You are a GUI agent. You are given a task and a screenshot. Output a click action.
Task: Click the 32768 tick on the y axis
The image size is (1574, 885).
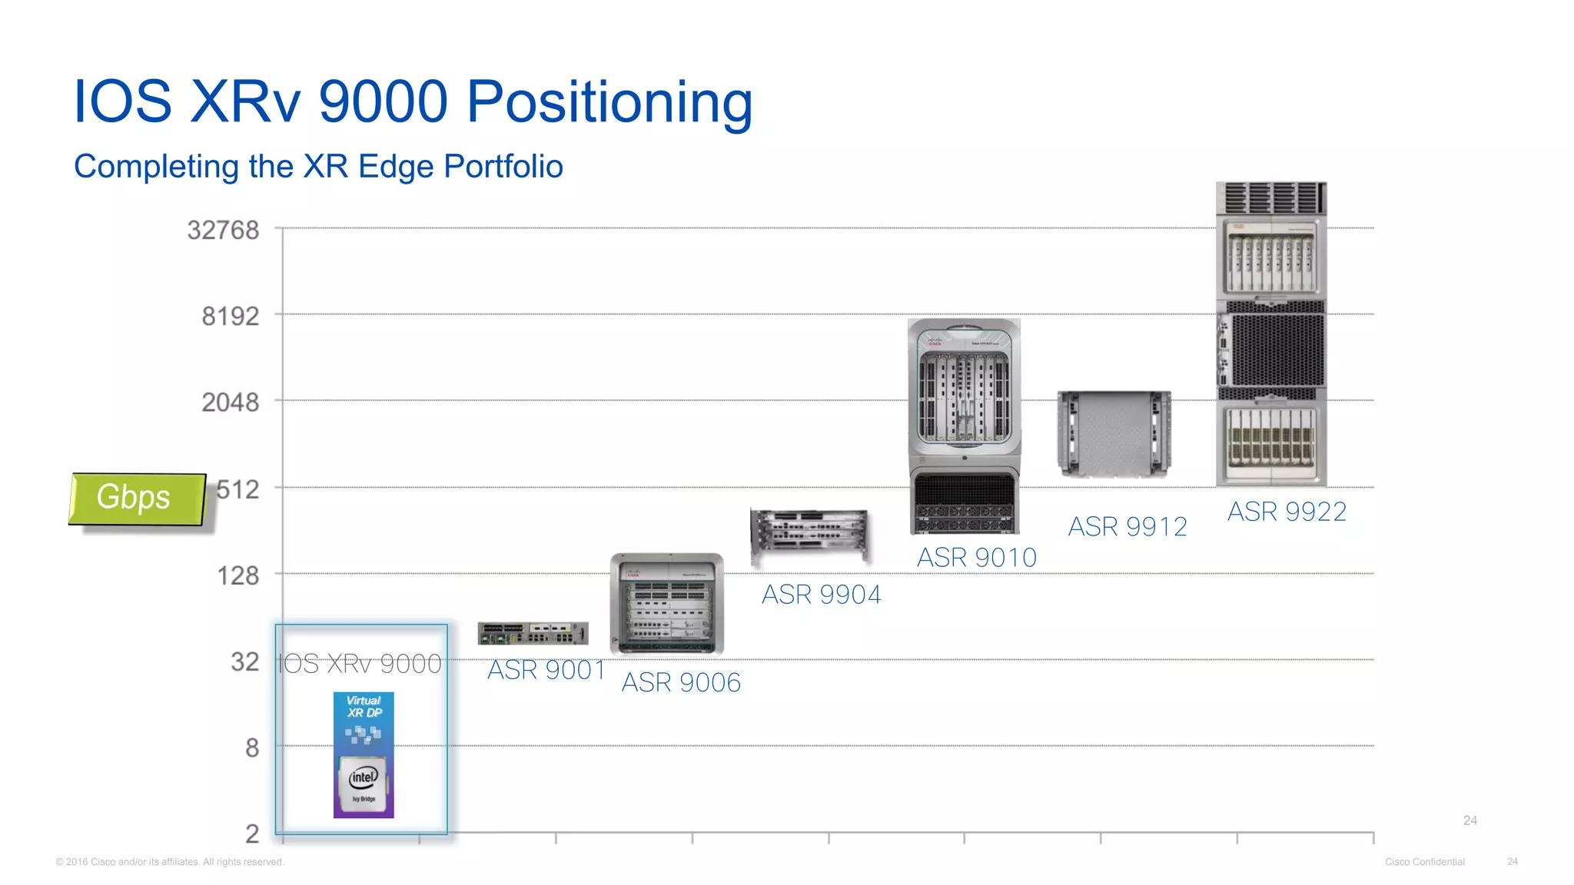[224, 230]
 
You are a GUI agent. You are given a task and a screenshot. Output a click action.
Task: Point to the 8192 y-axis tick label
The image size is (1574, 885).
[231, 316]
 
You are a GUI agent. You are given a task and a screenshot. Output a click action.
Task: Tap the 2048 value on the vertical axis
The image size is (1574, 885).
[231, 402]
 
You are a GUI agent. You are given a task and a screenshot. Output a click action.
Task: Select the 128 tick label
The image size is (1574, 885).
[237, 575]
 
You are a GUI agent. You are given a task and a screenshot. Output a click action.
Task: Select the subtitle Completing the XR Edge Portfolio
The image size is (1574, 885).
[318, 167]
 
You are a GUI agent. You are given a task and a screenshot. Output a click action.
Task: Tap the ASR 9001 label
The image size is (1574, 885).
[546, 670]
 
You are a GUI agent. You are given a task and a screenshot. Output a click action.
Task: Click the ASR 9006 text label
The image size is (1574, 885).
[681, 682]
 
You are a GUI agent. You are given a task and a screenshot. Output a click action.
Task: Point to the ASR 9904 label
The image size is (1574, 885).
[821, 595]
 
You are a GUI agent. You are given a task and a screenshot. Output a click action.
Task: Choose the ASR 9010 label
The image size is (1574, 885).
[977, 558]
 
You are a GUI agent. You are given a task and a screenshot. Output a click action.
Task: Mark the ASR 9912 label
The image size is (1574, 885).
[1127, 527]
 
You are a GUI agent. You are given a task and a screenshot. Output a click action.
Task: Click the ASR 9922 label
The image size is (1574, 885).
[1287, 512]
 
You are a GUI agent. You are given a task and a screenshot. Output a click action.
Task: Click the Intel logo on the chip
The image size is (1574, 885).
[364, 777]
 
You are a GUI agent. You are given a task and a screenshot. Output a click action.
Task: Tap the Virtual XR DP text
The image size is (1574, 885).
[364, 706]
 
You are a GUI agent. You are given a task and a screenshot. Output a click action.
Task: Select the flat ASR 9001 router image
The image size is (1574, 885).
[533, 634]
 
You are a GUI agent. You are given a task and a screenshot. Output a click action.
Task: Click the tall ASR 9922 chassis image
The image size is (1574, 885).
[1271, 334]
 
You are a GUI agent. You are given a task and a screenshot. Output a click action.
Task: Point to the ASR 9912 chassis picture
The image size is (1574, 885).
[1114, 434]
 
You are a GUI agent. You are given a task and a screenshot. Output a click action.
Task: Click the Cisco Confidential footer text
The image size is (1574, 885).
[1424, 862]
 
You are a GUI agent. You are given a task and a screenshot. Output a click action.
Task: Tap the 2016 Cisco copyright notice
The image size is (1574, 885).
[170, 862]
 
